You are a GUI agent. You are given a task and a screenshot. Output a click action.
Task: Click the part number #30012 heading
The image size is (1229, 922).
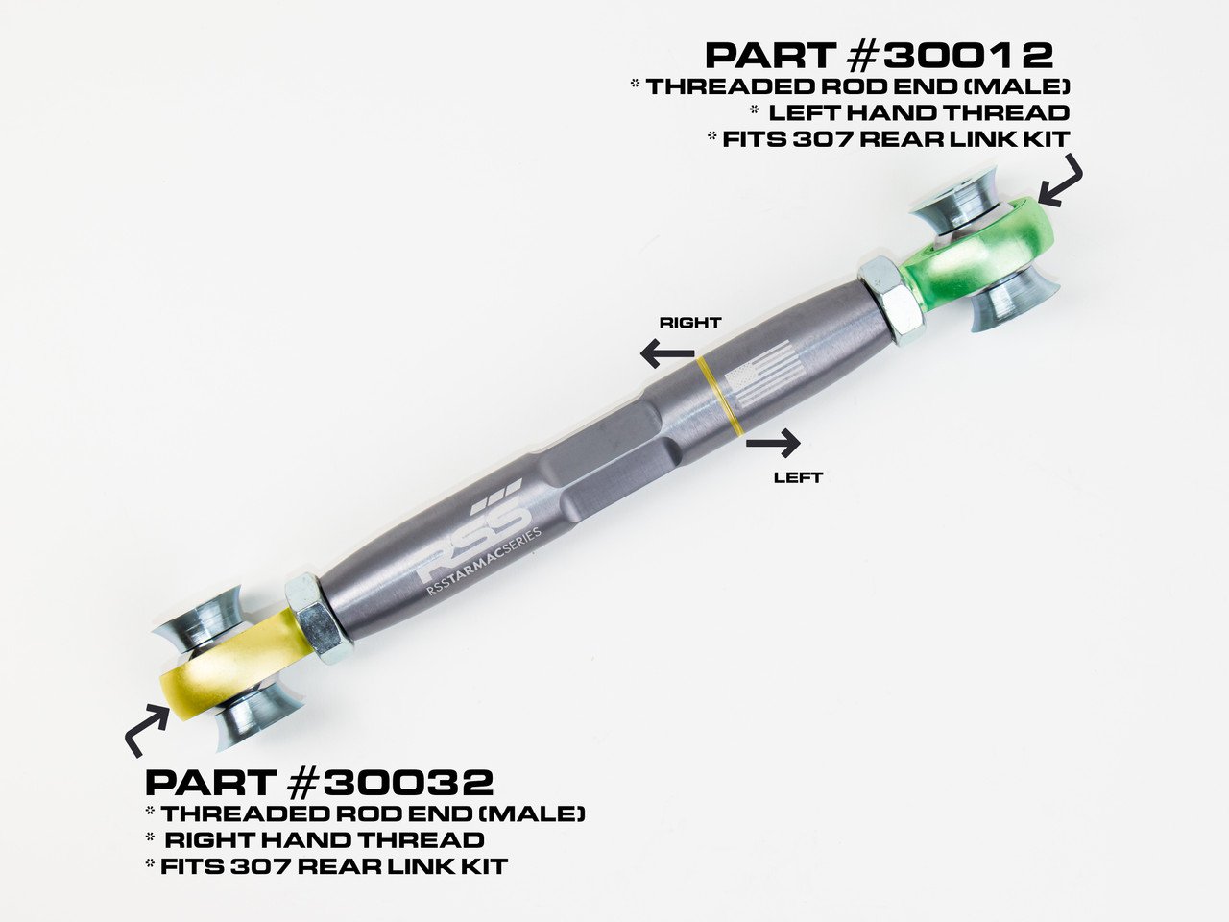[880, 56]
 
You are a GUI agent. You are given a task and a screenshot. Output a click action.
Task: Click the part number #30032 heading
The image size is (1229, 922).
[319, 782]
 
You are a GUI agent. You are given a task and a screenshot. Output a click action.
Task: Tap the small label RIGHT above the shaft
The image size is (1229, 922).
[690, 323]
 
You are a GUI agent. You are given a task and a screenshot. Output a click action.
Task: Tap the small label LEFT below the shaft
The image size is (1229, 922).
[798, 477]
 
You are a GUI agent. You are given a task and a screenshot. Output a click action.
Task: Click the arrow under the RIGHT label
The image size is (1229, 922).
[667, 353]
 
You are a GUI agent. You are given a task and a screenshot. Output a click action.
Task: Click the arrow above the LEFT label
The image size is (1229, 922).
[773, 443]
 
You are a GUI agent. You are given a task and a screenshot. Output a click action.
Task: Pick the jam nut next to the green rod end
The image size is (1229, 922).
[890, 300]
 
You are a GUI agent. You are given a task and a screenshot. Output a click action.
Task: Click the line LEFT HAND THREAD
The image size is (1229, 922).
[919, 113]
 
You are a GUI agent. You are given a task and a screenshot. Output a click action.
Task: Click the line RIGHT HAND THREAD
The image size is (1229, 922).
[325, 839]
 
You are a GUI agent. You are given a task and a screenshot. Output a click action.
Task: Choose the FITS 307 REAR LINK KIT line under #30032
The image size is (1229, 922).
[334, 866]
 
